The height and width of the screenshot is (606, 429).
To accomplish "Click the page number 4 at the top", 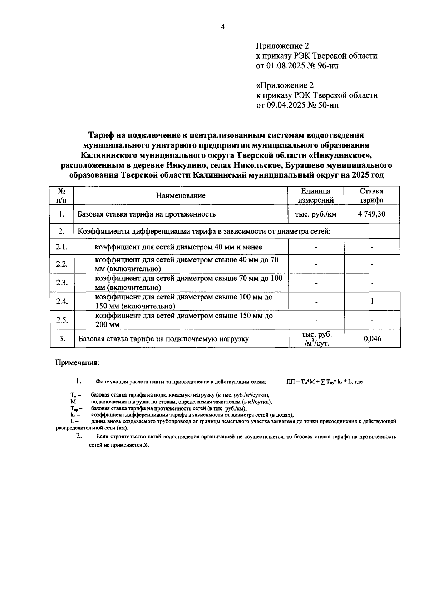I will click(x=223, y=27).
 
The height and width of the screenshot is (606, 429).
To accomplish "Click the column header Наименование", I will click(x=181, y=195).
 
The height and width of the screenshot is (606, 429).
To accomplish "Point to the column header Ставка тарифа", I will click(x=371, y=195).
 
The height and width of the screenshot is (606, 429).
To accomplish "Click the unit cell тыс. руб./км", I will click(x=315, y=214).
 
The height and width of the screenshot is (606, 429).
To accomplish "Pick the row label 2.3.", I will click(x=62, y=283).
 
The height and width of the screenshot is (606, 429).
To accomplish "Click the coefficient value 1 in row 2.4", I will click(x=372, y=301).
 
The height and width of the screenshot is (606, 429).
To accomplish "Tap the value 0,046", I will click(x=372, y=338).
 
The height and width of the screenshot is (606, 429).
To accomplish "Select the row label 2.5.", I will click(x=62, y=320).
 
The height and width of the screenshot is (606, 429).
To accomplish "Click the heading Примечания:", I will click(x=77, y=363).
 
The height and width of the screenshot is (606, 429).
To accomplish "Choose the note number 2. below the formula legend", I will click(x=79, y=436).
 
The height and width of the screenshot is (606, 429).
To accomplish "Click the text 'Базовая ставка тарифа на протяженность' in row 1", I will click(x=147, y=214).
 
